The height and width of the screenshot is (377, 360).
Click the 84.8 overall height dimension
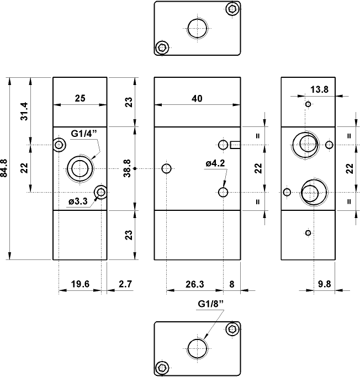tap(6, 168)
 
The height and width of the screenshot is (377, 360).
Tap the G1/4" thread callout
tap(84, 133)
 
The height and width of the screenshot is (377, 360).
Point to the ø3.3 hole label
tap(78, 201)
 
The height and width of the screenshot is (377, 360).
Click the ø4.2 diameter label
tap(214, 163)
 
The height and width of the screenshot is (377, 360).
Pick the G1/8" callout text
tap(210, 304)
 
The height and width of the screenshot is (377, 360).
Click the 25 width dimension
tap(80, 98)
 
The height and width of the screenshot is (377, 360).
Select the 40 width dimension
tap(197, 98)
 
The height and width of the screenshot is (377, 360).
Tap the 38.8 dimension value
tap(127, 168)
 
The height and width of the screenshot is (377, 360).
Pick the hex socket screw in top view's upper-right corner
tap(232, 8)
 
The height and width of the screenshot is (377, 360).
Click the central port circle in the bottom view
tap(197, 348)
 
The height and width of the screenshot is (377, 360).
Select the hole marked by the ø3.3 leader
tap(100, 192)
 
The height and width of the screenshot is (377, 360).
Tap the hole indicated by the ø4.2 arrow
tap(223, 192)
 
